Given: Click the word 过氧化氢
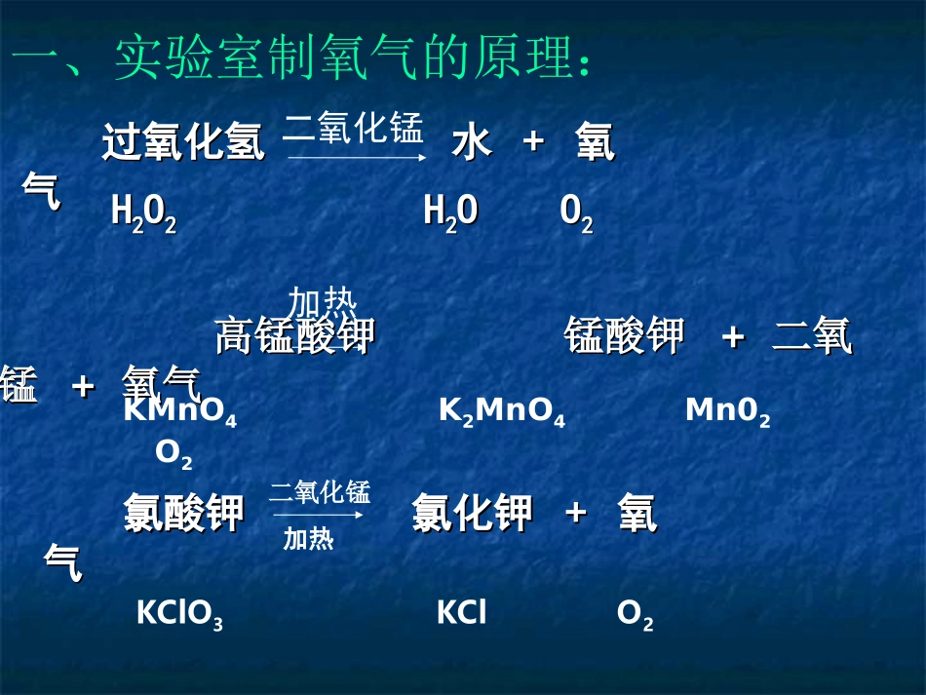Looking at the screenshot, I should pyautogui.click(x=183, y=142).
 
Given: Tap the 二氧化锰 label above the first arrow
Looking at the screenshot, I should pyautogui.click(x=353, y=128).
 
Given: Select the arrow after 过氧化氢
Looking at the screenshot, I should pyautogui.click(x=355, y=156).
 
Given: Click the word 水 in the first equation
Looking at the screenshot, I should pyautogui.click(x=472, y=142).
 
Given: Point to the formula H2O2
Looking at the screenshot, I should pyautogui.click(x=143, y=212).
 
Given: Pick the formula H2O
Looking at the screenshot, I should pyautogui.click(x=450, y=212).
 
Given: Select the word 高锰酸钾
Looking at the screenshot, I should pyautogui.click(x=294, y=336).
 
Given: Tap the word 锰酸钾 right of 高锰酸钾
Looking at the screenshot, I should pyautogui.click(x=624, y=336).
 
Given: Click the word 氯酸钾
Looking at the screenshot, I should pyautogui.click(x=183, y=514).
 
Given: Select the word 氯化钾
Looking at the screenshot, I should pyautogui.click(x=472, y=514).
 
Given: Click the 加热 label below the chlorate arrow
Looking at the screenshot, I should pyautogui.click(x=308, y=539).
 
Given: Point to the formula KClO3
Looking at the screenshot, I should pyautogui.click(x=179, y=614).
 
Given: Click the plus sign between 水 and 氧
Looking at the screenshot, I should pyautogui.click(x=532, y=141).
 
